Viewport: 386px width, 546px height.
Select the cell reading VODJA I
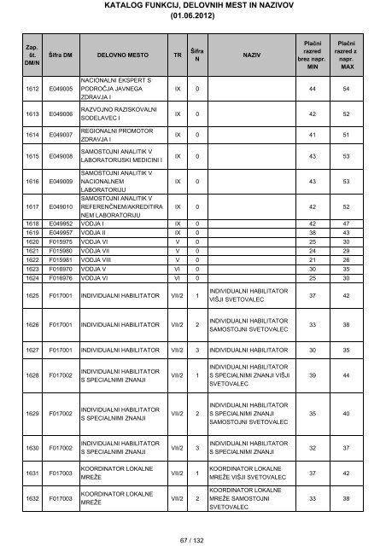[95, 224]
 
